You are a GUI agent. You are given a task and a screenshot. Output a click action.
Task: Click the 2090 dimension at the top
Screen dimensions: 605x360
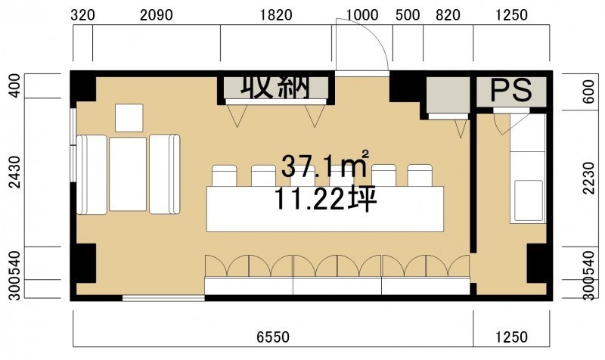(157, 15)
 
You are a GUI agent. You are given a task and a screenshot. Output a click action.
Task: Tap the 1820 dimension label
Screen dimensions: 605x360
(276, 15)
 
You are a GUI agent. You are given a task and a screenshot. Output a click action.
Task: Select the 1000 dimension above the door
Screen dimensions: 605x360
(362, 15)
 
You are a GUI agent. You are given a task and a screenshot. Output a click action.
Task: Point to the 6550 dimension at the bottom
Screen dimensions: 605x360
(273, 337)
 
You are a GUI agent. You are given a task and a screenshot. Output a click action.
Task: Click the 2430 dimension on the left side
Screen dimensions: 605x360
(15, 172)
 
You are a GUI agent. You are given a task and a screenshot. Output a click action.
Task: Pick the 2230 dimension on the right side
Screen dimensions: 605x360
(589, 178)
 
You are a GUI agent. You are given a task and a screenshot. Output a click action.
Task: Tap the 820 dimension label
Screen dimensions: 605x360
(448, 15)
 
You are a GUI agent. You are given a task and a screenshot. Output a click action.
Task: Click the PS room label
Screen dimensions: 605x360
(511, 90)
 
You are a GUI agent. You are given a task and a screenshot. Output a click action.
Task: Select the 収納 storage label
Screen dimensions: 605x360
(275, 87)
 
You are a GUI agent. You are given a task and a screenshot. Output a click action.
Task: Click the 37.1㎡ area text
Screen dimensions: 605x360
(325, 165)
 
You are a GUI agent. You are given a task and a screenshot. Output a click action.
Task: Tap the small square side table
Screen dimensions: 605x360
(129, 118)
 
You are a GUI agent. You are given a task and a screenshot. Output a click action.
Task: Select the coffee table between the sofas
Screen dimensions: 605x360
(128, 174)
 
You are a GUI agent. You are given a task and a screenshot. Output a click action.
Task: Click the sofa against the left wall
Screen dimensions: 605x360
(92, 175)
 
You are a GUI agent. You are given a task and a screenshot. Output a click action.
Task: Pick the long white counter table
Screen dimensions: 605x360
(325, 209)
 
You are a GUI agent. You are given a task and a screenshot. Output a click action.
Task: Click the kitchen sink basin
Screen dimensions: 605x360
(528, 200)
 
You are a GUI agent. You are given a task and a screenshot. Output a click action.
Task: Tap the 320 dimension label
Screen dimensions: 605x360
(82, 15)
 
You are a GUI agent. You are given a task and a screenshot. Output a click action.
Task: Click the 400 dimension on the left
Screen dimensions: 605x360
(15, 85)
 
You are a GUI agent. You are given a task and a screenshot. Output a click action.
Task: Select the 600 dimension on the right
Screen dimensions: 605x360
(589, 92)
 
